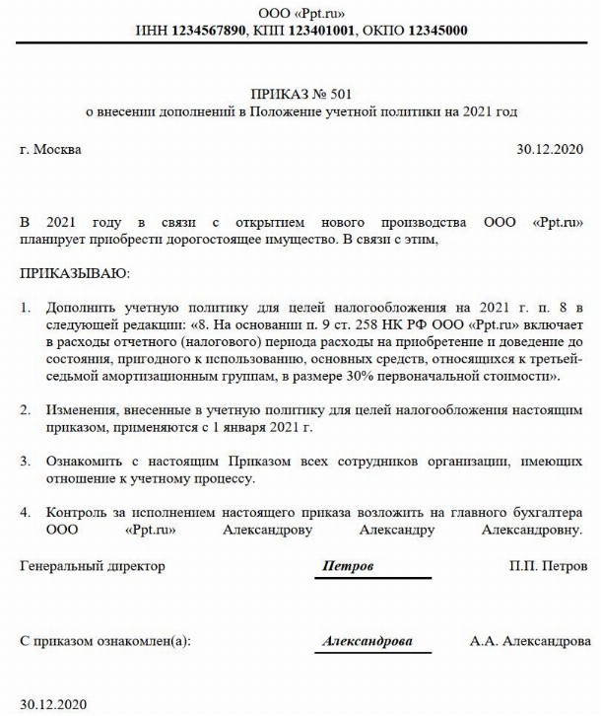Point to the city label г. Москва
tap(51, 150)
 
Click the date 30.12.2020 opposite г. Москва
tap(551, 150)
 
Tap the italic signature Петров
tap(350, 567)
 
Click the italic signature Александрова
tap(367, 640)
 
